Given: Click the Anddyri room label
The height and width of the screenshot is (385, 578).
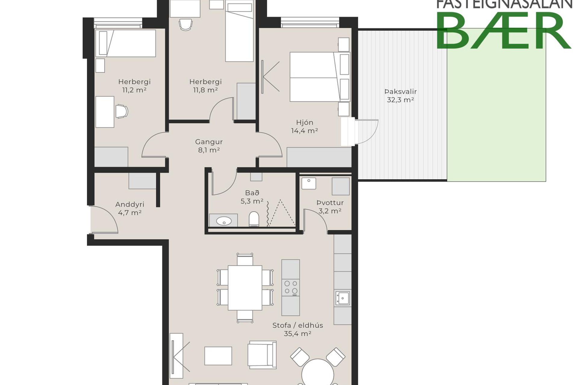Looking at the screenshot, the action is pyautogui.click(x=130, y=205).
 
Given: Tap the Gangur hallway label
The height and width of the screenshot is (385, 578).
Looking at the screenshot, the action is pyautogui.click(x=209, y=142).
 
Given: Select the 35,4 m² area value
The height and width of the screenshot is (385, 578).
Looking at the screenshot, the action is pyautogui.click(x=297, y=334).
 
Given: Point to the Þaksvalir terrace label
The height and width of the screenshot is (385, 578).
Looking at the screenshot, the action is pyautogui.click(x=400, y=91).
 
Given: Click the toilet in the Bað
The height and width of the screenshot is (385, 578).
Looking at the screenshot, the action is pyautogui.click(x=254, y=219).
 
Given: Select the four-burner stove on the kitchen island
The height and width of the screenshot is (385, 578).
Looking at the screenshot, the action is pyautogui.click(x=291, y=287).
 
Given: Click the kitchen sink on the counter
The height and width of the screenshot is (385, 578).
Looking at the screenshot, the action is pyautogui.click(x=343, y=298).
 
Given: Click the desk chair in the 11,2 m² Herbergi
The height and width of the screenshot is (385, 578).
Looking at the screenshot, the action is pyautogui.click(x=122, y=111).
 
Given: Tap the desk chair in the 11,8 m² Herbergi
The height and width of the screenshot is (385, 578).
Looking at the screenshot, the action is pyautogui.click(x=186, y=25).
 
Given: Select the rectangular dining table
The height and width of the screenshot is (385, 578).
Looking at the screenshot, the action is pyautogui.click(x=245, y=288).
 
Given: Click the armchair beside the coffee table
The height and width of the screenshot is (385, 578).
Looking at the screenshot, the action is pyautogui.click(x=262, y=355).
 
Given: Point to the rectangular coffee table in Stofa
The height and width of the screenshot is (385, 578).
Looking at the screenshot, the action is pyautogui.click(x=218, y=356).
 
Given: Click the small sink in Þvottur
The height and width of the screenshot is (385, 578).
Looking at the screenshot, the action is pyautogui.click(x=309, y=183).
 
